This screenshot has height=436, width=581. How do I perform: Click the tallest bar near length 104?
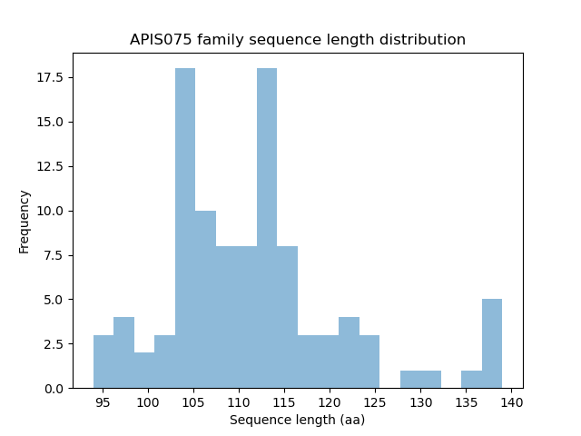coord(185,228)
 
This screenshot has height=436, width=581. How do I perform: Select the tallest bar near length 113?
coord(267,228)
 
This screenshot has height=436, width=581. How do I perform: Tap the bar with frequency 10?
coord(205,300)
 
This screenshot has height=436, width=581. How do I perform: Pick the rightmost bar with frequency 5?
coord(492,343)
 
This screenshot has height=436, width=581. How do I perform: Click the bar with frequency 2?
coord(144,371)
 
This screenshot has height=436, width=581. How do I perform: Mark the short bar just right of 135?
coord(471,380)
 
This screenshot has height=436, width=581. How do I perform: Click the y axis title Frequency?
coord(25,221)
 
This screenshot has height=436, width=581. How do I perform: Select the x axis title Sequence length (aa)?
coord(297,420)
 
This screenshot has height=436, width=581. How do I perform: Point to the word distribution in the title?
coord(428,40)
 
